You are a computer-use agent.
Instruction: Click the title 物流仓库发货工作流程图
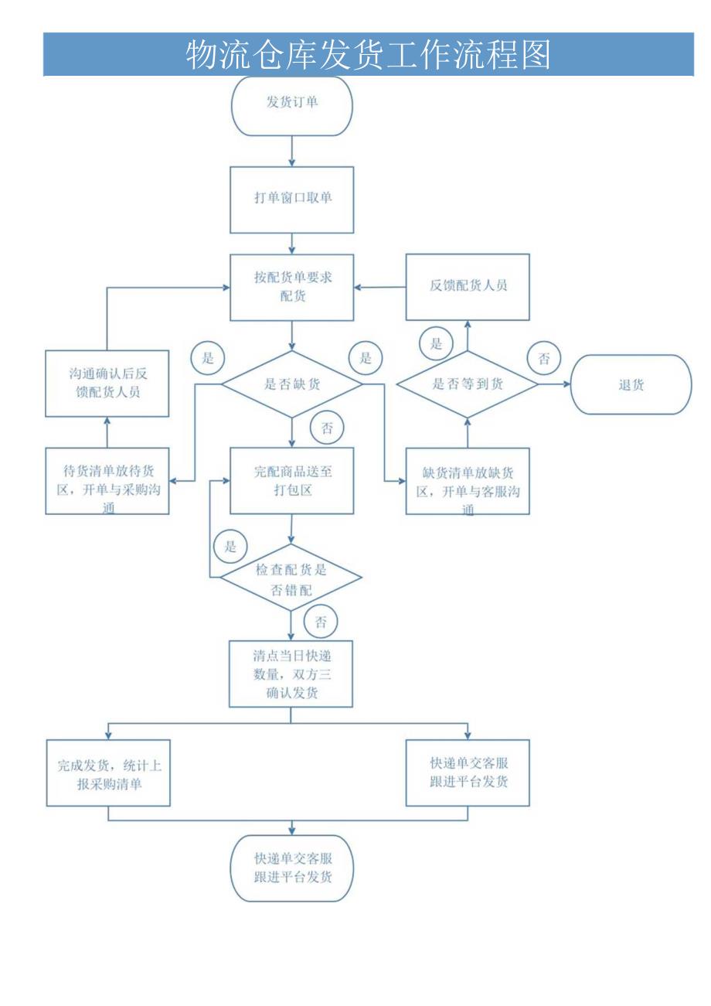[x=369, y=55]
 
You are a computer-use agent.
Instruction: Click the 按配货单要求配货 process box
[x=291, y=287]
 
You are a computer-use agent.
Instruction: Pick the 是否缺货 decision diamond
[x=291, y=384]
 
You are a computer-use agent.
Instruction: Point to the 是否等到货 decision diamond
[x=467, y=384]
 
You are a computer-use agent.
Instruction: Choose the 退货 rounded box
[x=631, y=384]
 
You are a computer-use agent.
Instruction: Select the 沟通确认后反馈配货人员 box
[x=107, y=384]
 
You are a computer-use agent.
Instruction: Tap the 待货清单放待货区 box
[x=107, y=480]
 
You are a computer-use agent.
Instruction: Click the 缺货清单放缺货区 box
[x=468, y=480]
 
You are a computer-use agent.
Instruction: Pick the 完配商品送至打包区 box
[x=291, y=480]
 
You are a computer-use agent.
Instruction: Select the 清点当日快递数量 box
[x=291, y=674]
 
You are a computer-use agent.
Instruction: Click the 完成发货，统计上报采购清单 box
[x=108, y=773]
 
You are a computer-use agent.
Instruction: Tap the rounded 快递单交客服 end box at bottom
[x=291, y=868]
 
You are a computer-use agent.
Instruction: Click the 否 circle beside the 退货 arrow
[x=544, y=358]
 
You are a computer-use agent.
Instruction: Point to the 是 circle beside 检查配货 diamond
[x=230, y=546]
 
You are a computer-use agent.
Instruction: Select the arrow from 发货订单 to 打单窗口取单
[x=291, y=151]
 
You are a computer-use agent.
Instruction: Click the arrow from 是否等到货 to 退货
[x=553, y=384]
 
